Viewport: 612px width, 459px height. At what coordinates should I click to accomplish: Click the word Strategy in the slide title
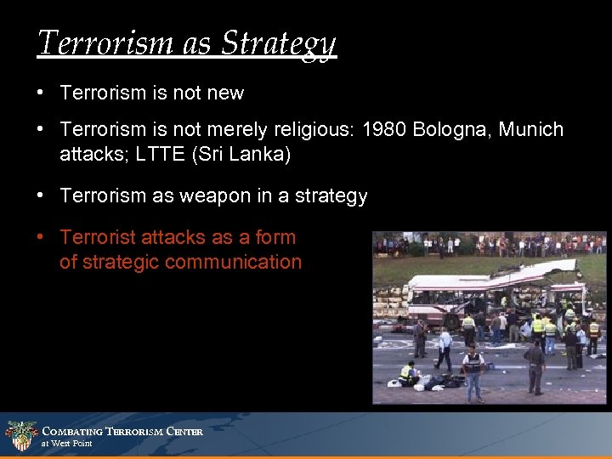pyautogui.click(x=279, y=42)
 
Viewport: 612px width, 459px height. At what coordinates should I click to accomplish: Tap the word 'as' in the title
pyautogui.click(x=197, y=42)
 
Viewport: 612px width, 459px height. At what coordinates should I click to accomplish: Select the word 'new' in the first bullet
pyautogui.click(x=225, y=93)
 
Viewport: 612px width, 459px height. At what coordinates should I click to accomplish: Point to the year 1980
pyautogui.click(x=384, y=129)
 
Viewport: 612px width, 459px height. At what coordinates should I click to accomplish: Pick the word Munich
pyautogui.click(x=531, y=129)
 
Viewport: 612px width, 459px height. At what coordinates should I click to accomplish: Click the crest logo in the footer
pyautogui.click(x=20, y=436)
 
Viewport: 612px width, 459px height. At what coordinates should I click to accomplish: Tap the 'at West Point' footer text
pyautogui.click(x=67, y=444)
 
